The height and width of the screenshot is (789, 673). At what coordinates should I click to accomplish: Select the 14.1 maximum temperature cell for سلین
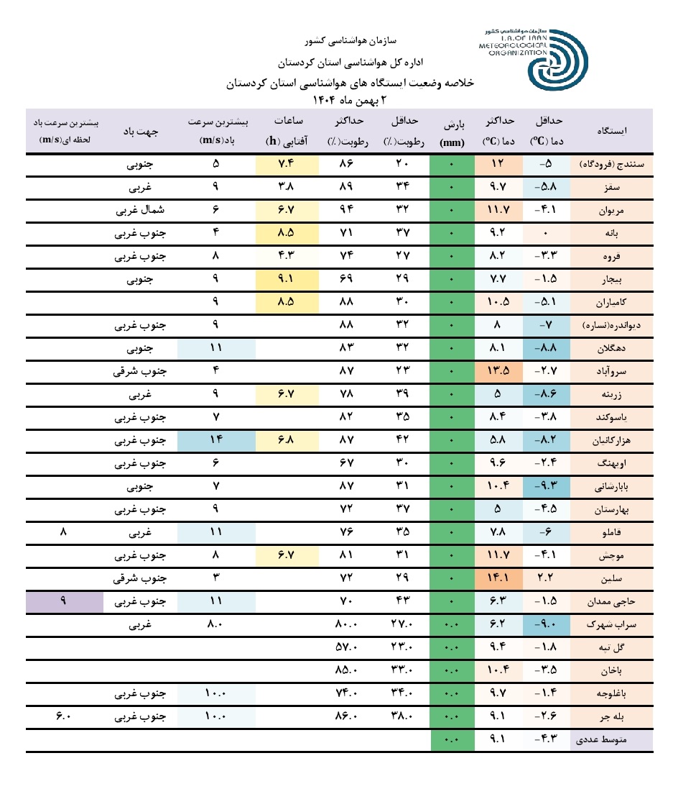click(498, 578)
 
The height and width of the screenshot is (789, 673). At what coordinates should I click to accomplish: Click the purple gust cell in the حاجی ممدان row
click(64, 601)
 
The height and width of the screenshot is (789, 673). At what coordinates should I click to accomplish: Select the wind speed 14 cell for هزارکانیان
click(216, 440)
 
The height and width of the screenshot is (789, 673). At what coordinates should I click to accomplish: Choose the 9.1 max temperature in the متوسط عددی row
click(498, 739)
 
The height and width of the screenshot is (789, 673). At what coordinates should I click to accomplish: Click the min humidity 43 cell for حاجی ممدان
click(402, 601)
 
